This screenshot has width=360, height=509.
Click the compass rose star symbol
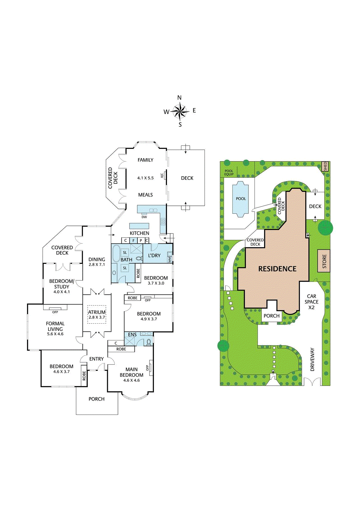tap(180, 111)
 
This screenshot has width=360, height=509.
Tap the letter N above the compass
tap(179, 98)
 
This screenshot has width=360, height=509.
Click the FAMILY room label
tap(145, 160)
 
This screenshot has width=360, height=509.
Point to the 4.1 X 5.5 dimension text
tap(145, 178)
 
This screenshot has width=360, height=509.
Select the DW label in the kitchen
tap(144, 217)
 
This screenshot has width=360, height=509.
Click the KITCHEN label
tap(140, 233)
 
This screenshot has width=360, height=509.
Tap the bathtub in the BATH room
tap(116, 253)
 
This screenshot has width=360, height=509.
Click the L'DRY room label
tap(154, 256)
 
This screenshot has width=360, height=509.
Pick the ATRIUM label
tap(97, 312)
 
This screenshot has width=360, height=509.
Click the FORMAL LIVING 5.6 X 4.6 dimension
tap(55, 334)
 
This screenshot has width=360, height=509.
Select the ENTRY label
tap(97, 359)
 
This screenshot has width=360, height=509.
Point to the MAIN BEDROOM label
tap(132, 372)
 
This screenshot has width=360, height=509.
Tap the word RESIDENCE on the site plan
tap(277, 269)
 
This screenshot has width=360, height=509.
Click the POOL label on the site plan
tap(241, 199)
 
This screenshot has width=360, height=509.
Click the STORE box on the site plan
tap(324, 261)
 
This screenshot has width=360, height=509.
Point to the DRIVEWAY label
tap(313, 359)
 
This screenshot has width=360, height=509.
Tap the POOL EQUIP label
tap(229, 172)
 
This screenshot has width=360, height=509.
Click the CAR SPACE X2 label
tap(311, 302)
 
